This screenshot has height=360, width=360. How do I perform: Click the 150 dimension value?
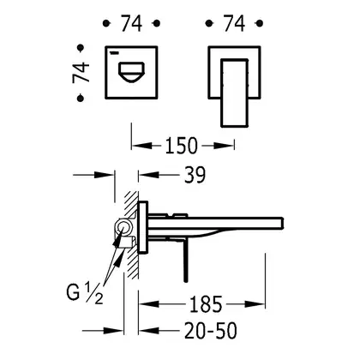click(181, 146)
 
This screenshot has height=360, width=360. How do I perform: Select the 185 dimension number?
click(206, 304)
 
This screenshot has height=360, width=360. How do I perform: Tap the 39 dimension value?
click(195, 175)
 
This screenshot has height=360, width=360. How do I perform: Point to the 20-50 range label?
click(211, 331)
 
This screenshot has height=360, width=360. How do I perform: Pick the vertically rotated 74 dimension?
click(81, 73)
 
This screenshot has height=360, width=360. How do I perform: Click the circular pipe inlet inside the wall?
click(123, 228)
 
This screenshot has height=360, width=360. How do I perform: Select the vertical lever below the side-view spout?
click(186, 262)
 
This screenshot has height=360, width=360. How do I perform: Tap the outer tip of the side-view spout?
click(282, 223)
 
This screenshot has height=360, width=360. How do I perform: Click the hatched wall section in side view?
click(131, 234)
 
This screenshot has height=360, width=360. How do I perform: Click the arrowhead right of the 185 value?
click(255, 304)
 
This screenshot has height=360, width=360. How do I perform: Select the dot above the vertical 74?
click(81, 48)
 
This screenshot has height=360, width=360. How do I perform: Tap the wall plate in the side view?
click(143, 227)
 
